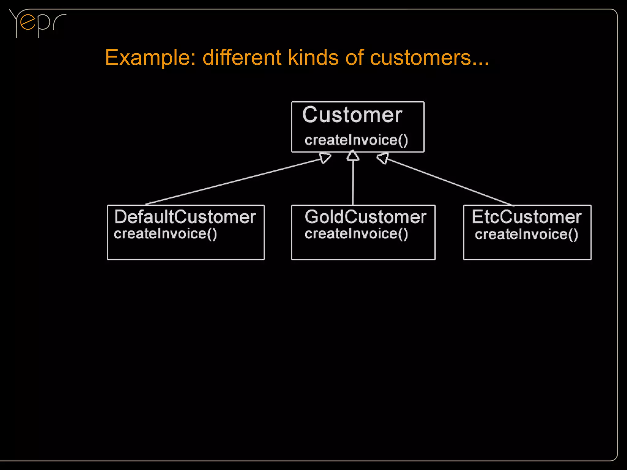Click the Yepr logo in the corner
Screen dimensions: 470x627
(37, 23)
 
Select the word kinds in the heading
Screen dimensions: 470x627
(313, 57)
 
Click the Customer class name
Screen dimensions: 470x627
(352, 115)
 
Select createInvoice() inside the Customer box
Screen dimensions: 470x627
(356, 140)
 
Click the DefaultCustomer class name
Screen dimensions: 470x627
(185, 217)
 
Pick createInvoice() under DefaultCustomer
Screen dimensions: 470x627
(165, 234)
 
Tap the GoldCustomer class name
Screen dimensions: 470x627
(365, 217)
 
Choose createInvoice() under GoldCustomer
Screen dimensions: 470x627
(356, 234)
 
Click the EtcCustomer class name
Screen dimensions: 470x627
(526, 217)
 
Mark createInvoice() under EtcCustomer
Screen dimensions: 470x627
(526, 235)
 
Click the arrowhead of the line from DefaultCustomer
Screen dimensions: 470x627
(325, 158)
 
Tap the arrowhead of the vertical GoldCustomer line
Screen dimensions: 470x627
(353, 156)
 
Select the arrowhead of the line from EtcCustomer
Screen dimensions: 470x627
(383, 158)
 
